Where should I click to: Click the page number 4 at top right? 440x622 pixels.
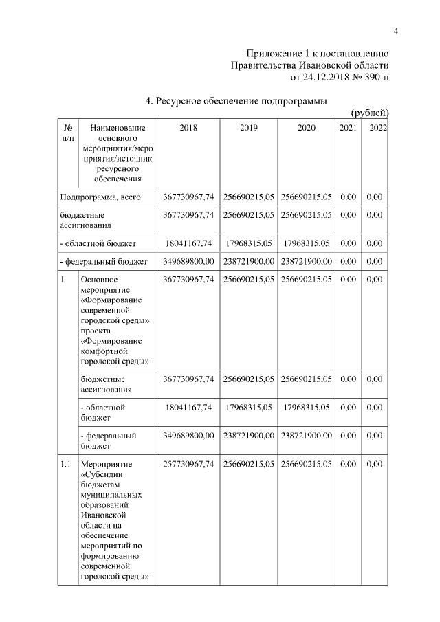point(396,30)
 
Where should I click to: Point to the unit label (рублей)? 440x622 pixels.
point(371,113)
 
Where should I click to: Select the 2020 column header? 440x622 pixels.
point(307,128)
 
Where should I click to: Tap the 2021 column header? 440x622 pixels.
point(349,128)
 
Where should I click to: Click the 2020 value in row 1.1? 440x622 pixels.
point(307,464)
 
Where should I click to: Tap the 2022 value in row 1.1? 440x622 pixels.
point(375,464)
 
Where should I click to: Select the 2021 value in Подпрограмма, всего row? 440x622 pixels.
point(349,197)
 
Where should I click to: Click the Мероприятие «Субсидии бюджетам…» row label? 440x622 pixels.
point(115,520)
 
